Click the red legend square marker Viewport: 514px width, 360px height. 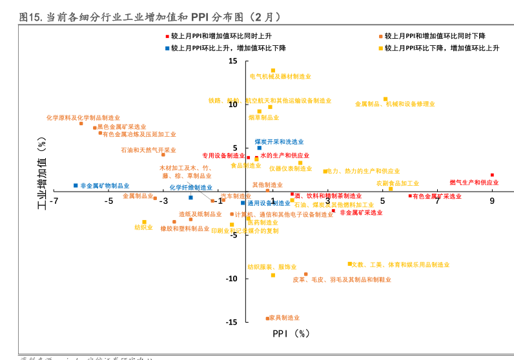(167, 37)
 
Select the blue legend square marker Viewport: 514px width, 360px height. (167, 48)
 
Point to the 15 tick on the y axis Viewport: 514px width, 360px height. (232, 61)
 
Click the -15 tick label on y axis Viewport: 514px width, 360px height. (231, 322)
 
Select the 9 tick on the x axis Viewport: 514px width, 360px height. (492, 201)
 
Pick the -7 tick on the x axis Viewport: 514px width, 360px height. (54, 201)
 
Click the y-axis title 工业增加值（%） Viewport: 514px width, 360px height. (43, 173)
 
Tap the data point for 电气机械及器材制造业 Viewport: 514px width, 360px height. (273, 70)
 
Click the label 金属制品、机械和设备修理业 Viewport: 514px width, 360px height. (395, 104)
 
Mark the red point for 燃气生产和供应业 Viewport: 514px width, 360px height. (492, 175)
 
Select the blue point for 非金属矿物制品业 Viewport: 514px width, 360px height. (76, 185)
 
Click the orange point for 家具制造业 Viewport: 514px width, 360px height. (267, 318)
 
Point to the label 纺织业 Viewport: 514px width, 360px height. (143, 227)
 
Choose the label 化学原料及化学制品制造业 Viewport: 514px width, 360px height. (83, 118)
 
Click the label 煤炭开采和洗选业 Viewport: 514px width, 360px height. (279, 141)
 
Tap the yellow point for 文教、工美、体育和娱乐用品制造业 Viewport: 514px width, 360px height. (350, 264)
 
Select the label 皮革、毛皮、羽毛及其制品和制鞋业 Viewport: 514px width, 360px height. (342, 280)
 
